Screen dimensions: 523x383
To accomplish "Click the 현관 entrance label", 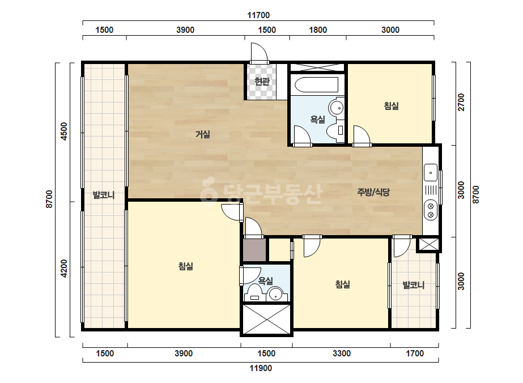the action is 262,81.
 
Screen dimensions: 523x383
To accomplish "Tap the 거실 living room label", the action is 202,134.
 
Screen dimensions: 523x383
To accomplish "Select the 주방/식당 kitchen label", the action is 373,192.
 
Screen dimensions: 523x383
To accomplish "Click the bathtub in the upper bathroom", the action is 317,85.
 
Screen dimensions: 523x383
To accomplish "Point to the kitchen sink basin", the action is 431,173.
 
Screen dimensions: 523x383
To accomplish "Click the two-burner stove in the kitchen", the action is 431,210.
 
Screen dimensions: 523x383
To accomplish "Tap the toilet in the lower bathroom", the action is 255,293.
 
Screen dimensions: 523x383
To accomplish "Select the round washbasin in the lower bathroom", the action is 276,293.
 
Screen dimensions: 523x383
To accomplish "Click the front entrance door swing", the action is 260,53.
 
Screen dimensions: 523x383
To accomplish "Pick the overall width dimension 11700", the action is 258,15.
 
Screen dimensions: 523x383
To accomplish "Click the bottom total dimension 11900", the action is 261,368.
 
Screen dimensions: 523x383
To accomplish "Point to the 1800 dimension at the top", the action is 318,30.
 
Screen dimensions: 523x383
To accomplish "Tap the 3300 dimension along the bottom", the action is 342,354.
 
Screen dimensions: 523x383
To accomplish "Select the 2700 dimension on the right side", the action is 461,103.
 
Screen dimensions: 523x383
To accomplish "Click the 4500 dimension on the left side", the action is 63,131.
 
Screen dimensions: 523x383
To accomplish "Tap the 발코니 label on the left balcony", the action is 104,195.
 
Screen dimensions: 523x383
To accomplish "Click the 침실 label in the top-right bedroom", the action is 391,106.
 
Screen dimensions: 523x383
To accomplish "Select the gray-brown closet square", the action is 254,250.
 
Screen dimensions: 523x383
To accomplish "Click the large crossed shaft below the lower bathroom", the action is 266,319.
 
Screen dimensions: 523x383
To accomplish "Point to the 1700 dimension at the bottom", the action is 415,354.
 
